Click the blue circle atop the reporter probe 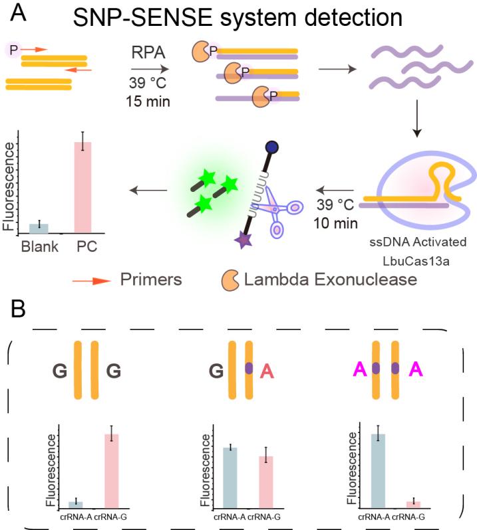pyautogui.click(x=271, y=145)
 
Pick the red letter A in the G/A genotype pyautogui.click(x=266, y=370)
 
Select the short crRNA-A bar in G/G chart pyautogui.click(x=76, y=504)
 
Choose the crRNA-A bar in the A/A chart pyautogui.click(x=377, y=470)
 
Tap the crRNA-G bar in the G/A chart pyautogui.click(x=265, y=482)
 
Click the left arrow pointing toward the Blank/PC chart pyautogui.click(x=144, y=190)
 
